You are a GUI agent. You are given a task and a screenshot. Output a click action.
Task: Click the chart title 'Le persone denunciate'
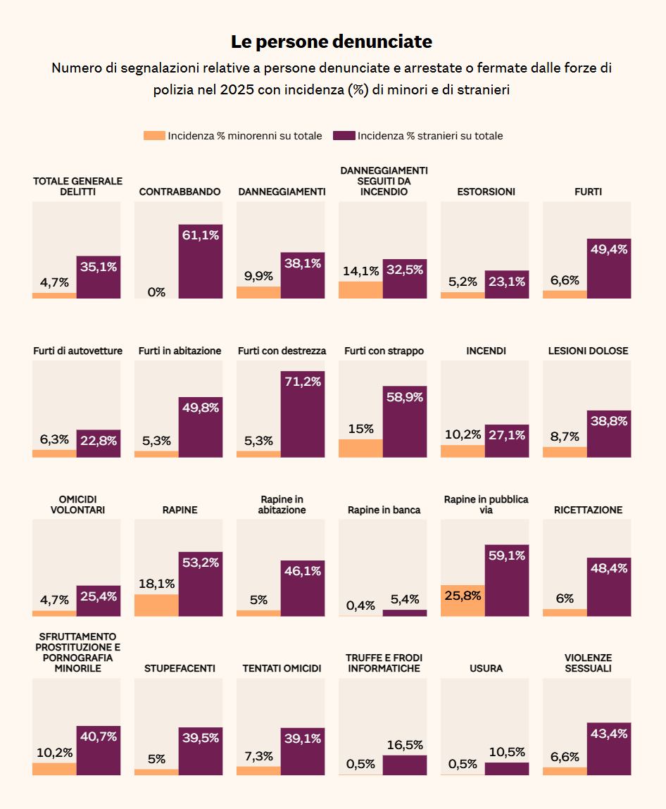pyautogui.click(x=331, y=42)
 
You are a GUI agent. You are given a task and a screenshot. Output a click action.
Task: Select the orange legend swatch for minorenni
pyautogui.click(x=154, y=136)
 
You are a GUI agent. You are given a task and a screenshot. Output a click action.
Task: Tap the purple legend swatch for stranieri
pyautogui.click(x=344, y=136)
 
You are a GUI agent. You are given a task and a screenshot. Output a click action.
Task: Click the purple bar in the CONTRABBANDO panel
pyautogui.click(x=201, y=262)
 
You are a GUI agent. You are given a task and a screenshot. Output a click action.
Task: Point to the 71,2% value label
pyautogui.click(x=303, y=382)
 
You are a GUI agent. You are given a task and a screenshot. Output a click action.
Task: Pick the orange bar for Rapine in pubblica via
pyautogui.click(x=463, y=601)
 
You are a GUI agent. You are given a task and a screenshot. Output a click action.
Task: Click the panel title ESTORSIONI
pyautogui.click(x=486, y=192)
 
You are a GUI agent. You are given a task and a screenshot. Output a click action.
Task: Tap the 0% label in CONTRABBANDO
pyautogui.click(x=156, y=292)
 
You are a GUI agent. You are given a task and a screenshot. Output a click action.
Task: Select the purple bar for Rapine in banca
pyautogui.click(x=405, y=613)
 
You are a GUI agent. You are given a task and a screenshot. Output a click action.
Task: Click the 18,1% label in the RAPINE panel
pyautogui.click(x=156, y=584)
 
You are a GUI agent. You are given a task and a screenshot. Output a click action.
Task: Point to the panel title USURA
pyautogui.click(x=486, y=668)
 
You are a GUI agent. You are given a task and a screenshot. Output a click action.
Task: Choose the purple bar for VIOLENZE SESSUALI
pyautogui.click(x=609, y=748)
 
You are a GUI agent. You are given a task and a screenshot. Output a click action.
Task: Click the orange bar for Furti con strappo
pyautogui.click(x=360, y=448)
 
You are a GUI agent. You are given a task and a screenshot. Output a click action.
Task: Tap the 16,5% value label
pyautogui.click(x=405, y=744)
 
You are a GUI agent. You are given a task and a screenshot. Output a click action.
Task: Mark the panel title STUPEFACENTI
pyautogui.click(x=180, y=668)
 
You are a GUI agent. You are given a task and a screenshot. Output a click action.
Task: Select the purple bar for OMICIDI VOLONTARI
pyautogui.click(x=99, y=601)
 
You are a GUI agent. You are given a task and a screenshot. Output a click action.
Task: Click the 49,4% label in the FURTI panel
pyautogui.click(x=609, y=249)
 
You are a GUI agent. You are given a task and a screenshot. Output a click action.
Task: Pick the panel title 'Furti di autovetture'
pyautogui.click(x=78, y=351)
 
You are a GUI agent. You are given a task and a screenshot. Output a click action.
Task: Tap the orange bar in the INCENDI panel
pyautogui.click(x=463, y=451)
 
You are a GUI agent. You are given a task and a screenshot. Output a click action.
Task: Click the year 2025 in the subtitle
pyautogui.click(x=237, y=90)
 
